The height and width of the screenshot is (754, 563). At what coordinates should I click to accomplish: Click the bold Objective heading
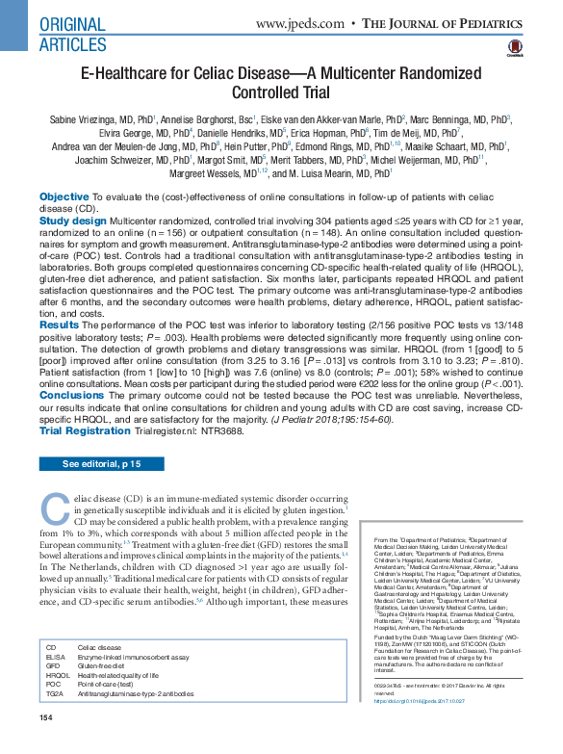pyautogui.click(x=65, y=195)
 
